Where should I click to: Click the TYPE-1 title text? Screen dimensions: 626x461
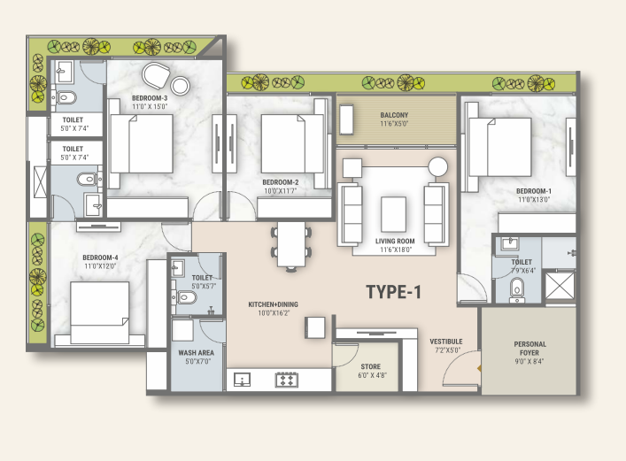pyautogui.click(x=394, y=292)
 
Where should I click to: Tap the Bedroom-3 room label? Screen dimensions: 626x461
pyautogui.click(x=150, y=98)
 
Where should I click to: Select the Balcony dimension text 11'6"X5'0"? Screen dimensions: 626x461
pyautogui.click(x=394, y=124)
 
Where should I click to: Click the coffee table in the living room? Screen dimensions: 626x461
pyautogui.click(x=394, y=214)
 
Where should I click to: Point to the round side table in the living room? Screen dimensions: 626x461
pyautogui.click(x=438, y=166)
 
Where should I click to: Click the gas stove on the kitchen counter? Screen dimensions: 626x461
pyautogui.click(x=287, y=380)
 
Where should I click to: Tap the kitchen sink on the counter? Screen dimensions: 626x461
pyautogui.click(x=242, y=380)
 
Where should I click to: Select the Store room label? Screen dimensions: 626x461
pyautogui.click(x=370, y=366)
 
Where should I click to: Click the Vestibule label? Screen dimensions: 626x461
pyautogui.click(x=446, y=342)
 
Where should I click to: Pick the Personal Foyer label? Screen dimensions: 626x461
pyautogui.click(x=529, y=349)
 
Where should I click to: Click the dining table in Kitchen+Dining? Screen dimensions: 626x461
pyautogui.click(x=291, y=244)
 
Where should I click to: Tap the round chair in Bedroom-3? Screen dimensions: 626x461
pyautogui.click(x=156, y=75)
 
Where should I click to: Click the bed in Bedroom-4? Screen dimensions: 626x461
pyautogui.click(x=99, y=312)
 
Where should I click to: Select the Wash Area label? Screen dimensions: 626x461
pyautogui.click(x=196, y=353)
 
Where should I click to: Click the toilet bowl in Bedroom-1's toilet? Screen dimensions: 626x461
pyautogui.click(x=516, y=288)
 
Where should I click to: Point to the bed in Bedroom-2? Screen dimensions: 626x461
pyautogui.click(x=292, y=143)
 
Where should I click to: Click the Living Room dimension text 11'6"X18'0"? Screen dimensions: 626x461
pyautogui.click(x=396, y=250)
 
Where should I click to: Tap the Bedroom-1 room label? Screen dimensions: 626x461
pyautogui.click(x=534, y=191)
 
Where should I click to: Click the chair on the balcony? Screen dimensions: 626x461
pyautogui.click(x=346, y=119)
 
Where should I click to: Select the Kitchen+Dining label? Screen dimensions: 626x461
pyautogui.click(x=273, y=304)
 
